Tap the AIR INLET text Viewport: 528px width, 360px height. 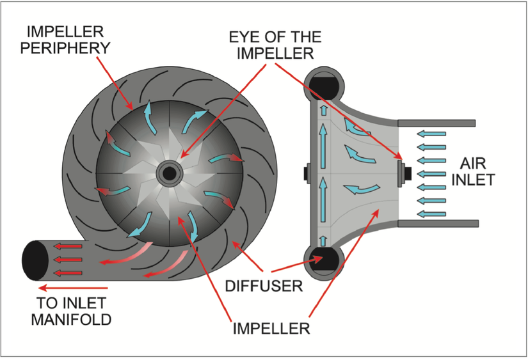point(474,171)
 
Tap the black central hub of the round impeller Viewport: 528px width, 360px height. point(170,173)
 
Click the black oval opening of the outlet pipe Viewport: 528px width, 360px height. point(33,260)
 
